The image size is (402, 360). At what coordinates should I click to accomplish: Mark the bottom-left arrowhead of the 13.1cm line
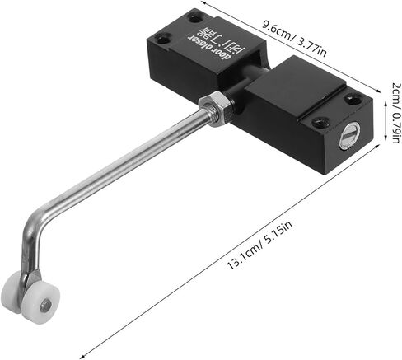(x=82, y=354)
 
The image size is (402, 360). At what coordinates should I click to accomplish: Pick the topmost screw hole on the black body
(x=195, y=15)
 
